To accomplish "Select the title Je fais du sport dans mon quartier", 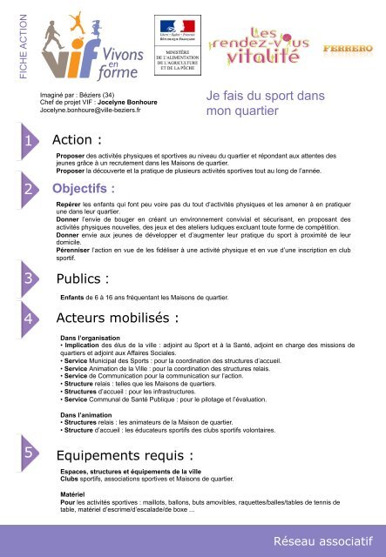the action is pyautogui.click(x=256, y=104).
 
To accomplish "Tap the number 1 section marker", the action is pyautogui.click(x=30, y=141).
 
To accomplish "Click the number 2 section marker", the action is pyautogui.click(x=30, y=189).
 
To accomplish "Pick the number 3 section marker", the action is pyautogui.click(x=30, y=279).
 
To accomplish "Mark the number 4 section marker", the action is pyautogui.click(x=30, y=319).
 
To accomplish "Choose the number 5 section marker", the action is pyautogui.click(x=30, y=453).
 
